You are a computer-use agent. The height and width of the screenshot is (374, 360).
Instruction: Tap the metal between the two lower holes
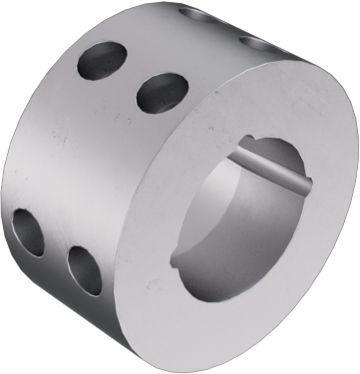click(x=56, y=251)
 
